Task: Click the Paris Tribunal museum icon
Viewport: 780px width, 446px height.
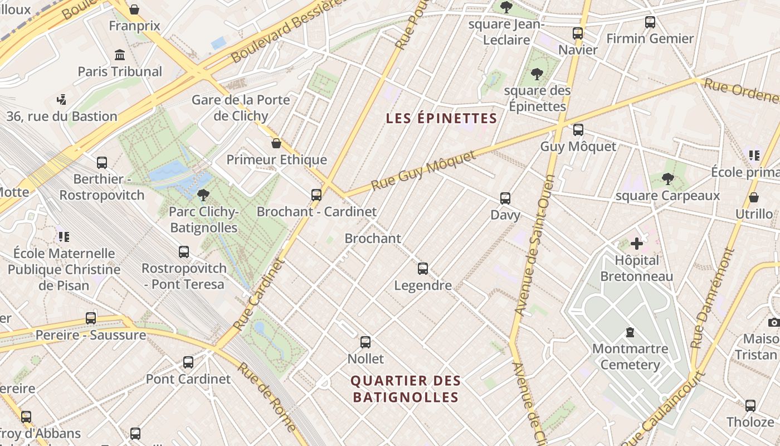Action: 119,55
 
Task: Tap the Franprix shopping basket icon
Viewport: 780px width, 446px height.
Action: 134,9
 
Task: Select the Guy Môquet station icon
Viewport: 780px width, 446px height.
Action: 578,130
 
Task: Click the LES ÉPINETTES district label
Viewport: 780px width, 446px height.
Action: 441,118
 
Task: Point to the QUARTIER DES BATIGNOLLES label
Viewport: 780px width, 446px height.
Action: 406,389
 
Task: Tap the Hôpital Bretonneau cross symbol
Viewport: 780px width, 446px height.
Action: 637,244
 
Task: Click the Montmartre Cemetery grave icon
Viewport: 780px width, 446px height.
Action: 630,332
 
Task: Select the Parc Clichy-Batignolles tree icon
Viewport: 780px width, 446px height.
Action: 203,195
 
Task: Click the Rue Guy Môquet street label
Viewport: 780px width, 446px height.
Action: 423,170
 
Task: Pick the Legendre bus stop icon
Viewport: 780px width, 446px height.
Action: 423,269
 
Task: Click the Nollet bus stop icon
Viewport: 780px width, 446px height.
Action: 365,342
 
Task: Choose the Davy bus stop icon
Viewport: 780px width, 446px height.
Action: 505,198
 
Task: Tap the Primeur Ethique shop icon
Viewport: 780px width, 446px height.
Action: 276,143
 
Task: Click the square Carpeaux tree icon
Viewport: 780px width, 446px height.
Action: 667,179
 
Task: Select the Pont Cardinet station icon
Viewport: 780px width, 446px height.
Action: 188,362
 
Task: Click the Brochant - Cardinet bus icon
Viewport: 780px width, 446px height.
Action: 316,195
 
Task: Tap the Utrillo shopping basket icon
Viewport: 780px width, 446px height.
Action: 754,197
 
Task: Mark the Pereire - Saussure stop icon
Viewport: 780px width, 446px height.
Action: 91,318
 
